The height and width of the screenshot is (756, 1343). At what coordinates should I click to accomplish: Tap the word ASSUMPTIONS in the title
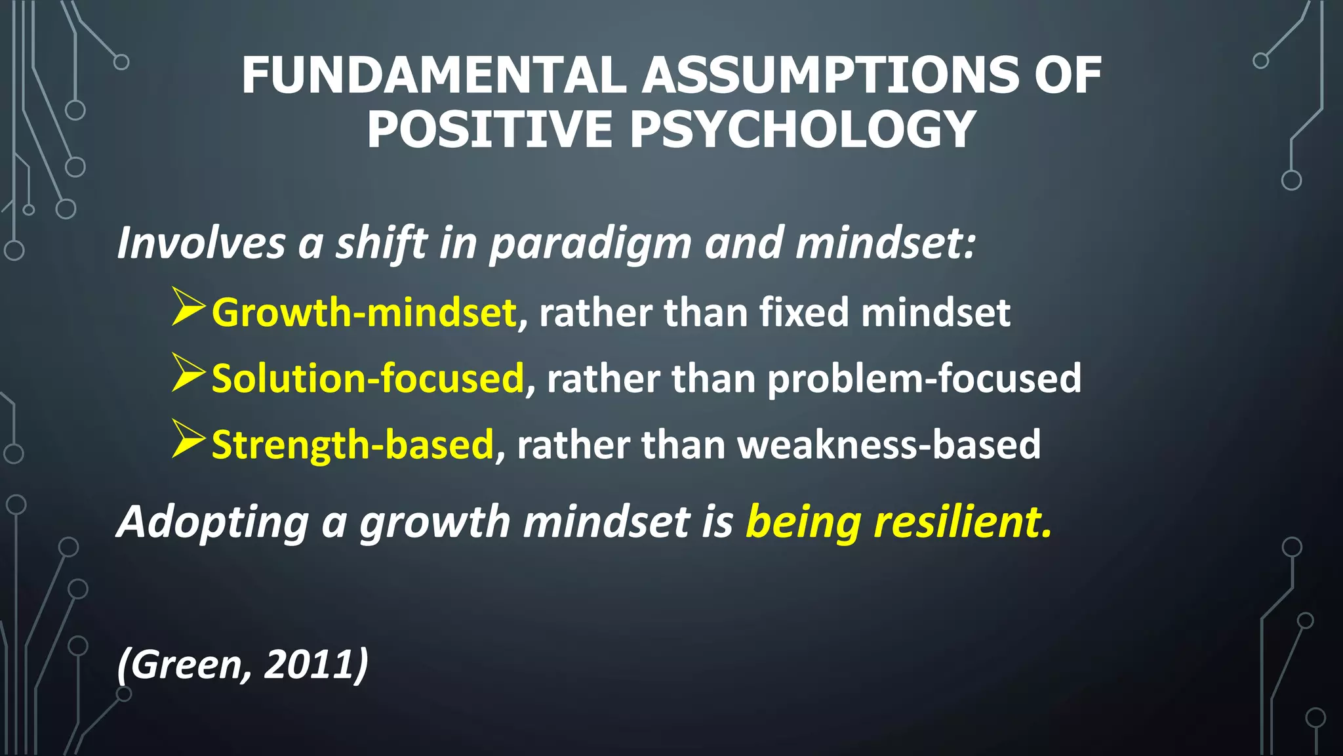click(830, 75)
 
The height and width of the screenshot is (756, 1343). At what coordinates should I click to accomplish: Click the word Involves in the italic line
click(201, 243)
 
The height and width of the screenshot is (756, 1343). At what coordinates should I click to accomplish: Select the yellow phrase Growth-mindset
click(364, 312)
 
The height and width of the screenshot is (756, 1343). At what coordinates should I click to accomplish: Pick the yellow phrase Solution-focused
click(368, 379)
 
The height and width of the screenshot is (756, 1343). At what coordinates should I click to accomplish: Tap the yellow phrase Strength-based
click(353, 445)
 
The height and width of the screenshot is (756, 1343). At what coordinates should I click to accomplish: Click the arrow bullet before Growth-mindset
click(188, 306)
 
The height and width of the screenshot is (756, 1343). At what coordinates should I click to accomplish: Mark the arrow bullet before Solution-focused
click(188, 372)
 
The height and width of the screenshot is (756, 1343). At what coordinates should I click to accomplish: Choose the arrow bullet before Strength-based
click(188, 438)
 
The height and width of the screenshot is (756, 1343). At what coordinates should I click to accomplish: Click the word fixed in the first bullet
click(805, 312)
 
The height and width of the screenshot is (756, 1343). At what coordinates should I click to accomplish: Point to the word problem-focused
click(924, 379)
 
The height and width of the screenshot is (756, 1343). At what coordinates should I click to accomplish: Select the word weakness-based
click(889, 445)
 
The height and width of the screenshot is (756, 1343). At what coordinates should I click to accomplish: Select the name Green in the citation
click(188, 664)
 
